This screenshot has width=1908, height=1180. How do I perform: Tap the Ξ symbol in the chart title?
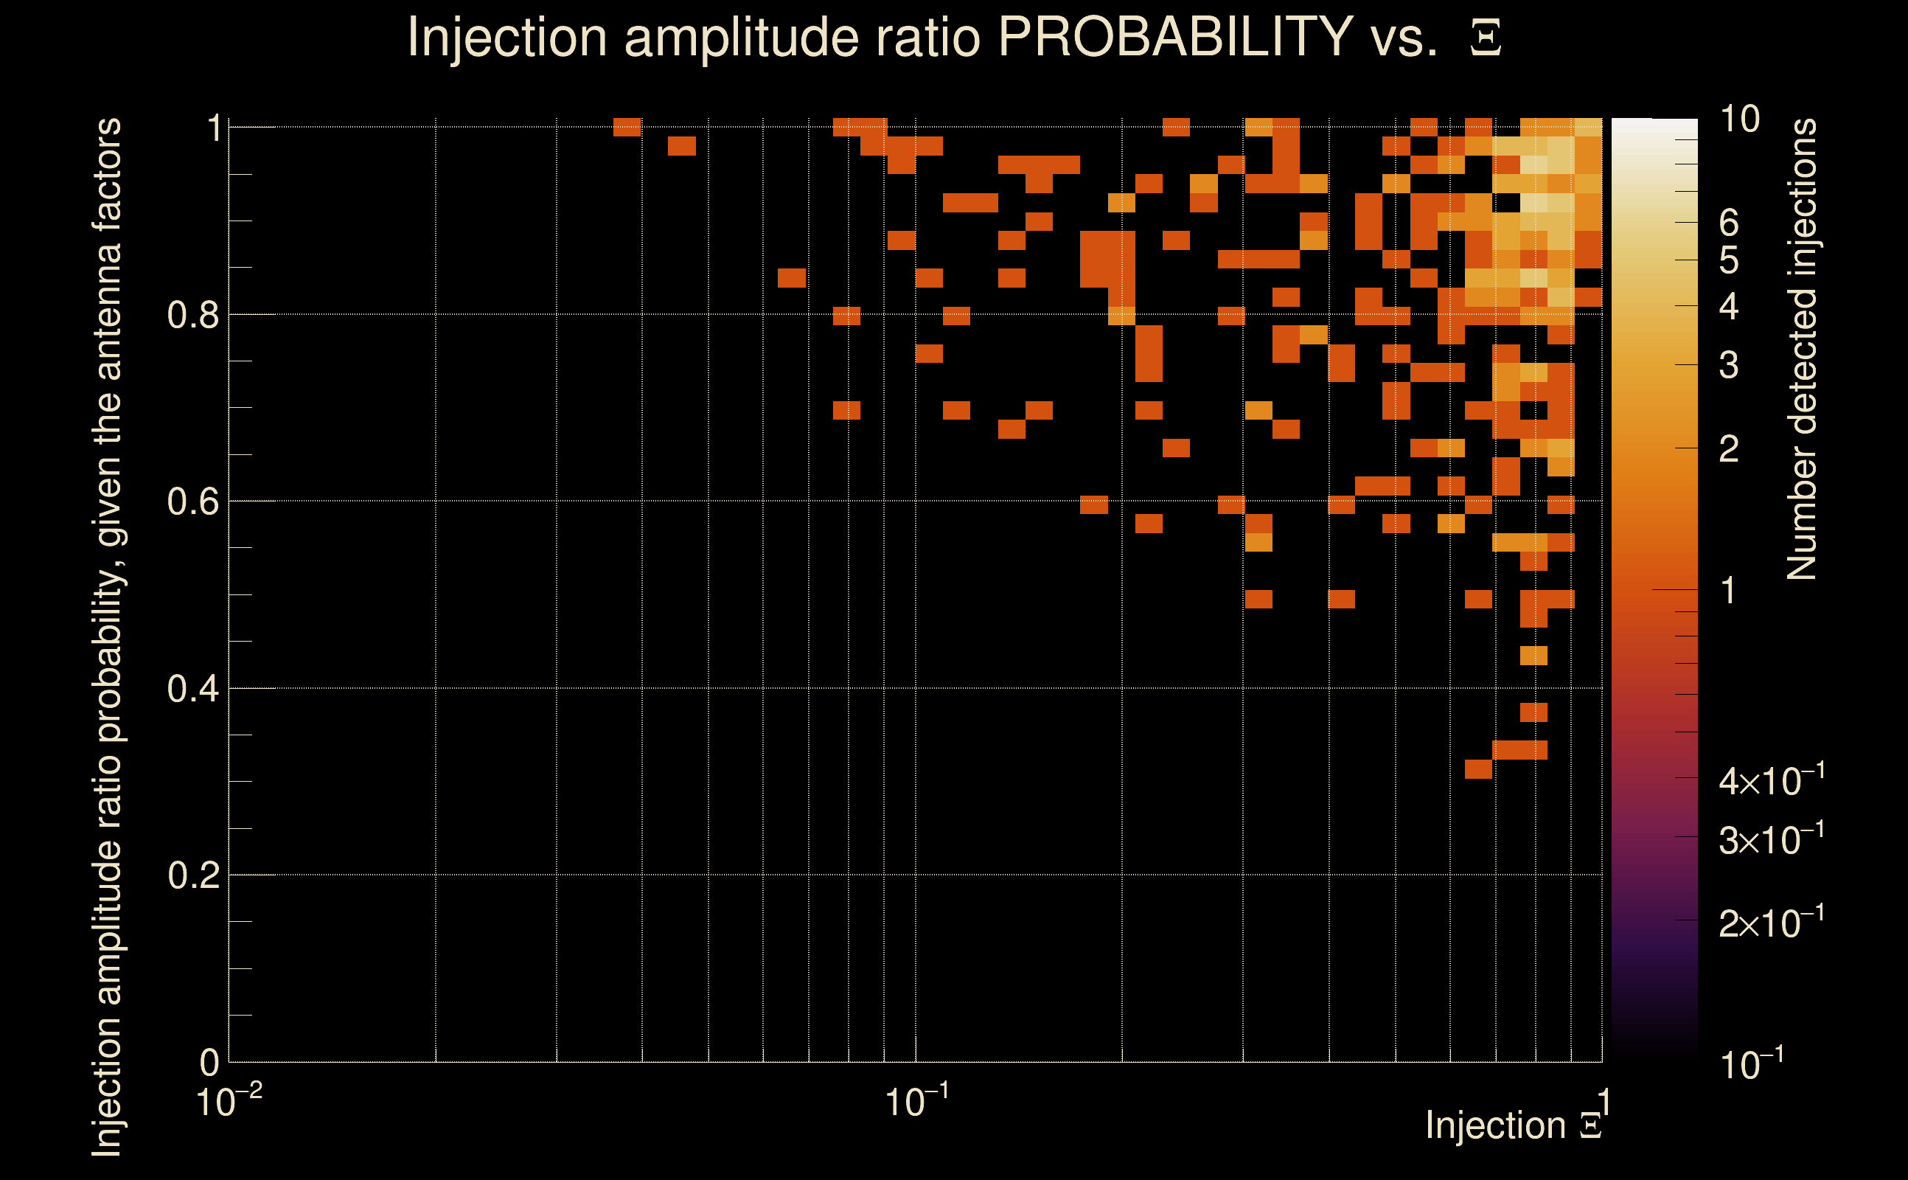click(x=1486, y=38)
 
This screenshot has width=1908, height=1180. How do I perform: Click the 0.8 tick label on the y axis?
click(x=192, y=316)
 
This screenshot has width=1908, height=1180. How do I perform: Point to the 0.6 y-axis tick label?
click(x=192, y=502)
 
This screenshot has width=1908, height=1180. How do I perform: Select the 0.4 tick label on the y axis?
click(x=192, y=689)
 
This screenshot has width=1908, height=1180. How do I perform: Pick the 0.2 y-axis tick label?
click(x=192, y=875)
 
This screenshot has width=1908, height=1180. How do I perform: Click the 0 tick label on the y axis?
click(x=209, y=1062)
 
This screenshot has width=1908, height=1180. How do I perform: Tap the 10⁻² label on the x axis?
click(x=229, y=1102)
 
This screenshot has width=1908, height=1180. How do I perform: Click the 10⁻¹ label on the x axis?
click(x=916, y=1102)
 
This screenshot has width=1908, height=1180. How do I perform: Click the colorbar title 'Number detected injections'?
click(x=1802, y=349)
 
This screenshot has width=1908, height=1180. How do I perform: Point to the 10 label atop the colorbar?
click(x=1739, y=119)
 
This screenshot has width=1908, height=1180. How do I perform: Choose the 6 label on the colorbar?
click(x=1729, y=223)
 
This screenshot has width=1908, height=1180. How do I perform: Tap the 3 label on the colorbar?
click(x=1729, y=365)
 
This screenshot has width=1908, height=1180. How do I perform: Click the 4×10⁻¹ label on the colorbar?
click(x=1772, y=780)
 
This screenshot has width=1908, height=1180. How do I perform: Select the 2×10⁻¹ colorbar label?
click(x=1772, y=923)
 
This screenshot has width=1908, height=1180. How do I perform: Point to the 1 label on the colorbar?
click(x=1729, y=591)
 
